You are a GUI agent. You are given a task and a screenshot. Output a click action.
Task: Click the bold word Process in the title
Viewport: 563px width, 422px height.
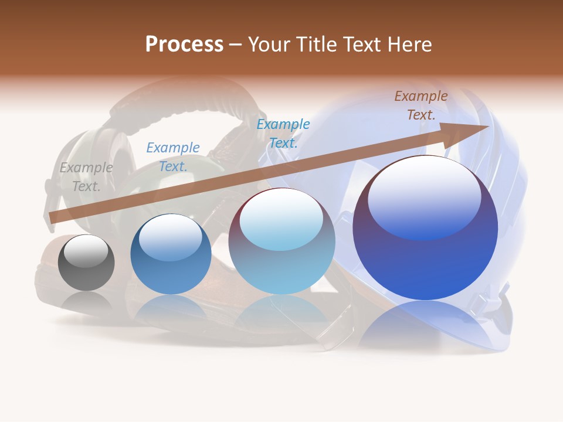click(184, 45)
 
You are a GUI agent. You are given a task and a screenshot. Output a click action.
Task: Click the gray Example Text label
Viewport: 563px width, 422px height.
click(86, 177)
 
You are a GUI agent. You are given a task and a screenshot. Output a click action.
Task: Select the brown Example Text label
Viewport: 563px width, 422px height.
click(421, 105)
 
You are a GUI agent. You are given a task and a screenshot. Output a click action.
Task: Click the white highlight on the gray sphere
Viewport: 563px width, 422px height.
click(86, 251)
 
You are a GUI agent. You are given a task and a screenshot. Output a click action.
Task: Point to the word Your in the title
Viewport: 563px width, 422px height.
click(267, 45)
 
